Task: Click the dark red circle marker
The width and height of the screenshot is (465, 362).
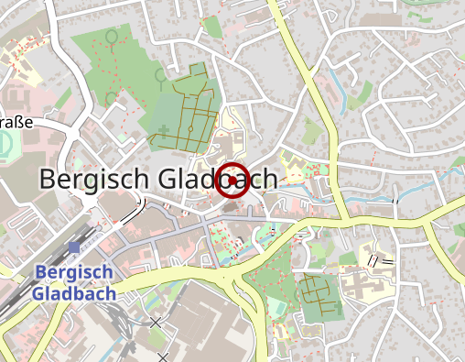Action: tap(232, 180)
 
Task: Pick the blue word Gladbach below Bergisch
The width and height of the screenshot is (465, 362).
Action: tap(73, 293)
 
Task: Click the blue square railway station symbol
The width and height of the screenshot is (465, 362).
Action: tap(73, 247)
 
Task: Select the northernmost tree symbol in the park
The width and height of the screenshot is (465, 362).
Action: tap(112, 38)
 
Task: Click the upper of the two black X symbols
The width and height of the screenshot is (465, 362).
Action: tap(156, 323)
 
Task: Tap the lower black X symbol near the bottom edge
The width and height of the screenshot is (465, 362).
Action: tap(162, 357)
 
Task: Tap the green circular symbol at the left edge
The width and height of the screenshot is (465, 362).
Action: tap(6, 144)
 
